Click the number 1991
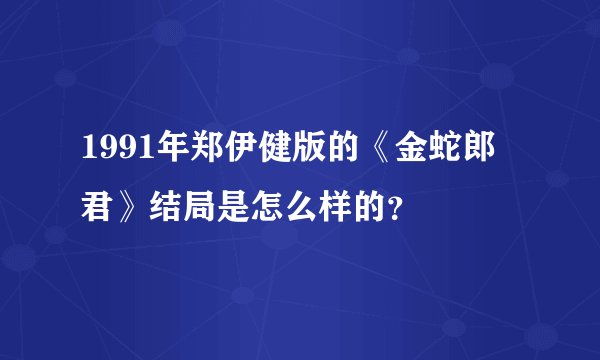111,155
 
